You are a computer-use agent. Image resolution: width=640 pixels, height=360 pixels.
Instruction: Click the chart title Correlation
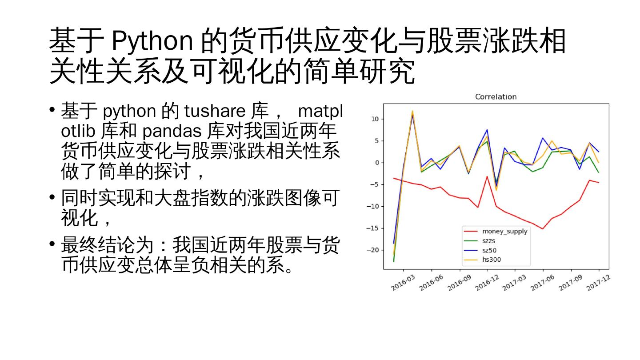(496, 96)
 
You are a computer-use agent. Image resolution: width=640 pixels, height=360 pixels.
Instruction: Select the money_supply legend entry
(504, 231)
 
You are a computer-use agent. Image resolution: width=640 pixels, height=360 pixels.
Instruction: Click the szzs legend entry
(489, 240)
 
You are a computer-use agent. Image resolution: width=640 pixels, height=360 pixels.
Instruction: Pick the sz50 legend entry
(489, 250)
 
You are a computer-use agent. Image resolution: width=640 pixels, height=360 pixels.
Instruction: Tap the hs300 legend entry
(492, 260)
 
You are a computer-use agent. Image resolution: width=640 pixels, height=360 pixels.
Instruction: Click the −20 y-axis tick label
(372, 250)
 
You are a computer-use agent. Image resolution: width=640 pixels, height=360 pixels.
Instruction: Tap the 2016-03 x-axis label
(403, 283)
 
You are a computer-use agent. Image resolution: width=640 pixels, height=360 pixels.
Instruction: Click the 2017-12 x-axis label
(598, 283)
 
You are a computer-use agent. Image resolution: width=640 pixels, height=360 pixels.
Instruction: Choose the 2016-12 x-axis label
(487, 283)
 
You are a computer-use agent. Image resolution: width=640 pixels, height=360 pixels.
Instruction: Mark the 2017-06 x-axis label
(542, 283)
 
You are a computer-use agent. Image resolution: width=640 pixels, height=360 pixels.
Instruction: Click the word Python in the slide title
(152, 41)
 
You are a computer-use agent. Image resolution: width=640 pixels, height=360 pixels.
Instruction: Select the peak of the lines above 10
(412, 112)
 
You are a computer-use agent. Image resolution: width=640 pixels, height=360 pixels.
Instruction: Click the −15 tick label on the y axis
(372, 228)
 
